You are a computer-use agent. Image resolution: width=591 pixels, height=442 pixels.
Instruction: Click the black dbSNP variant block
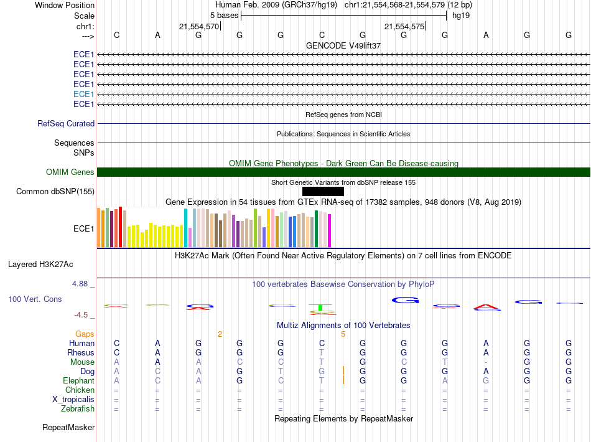tap(319, 191)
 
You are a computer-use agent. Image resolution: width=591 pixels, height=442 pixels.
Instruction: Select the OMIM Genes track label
tap(70, 172)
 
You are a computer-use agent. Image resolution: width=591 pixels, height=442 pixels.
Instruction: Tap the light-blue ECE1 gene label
tap(83, 94)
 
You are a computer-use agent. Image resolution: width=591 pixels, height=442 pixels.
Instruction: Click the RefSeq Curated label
tap(66, 124)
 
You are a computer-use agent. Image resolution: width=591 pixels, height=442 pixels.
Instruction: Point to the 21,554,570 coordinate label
tap(199, 27)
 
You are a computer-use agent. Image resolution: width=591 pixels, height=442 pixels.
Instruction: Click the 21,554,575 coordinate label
tap(405, 27)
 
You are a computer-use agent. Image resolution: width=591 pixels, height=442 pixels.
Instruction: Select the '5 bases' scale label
tap(224, 15)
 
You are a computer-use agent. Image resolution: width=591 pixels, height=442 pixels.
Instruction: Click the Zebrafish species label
tap(78, 409)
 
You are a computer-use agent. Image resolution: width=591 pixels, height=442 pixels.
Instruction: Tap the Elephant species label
tap(78, 381)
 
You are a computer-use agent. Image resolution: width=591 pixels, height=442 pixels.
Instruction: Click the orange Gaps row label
tap(85, 334)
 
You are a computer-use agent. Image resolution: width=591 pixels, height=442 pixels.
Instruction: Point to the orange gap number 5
tap(343, 334)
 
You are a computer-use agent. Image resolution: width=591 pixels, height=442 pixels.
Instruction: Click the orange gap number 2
tap(220, 334)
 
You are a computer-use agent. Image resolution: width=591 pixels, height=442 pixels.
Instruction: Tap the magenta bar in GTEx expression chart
tap(330, 231)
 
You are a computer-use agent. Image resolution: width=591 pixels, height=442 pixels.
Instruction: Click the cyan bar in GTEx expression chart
tap(186, 228)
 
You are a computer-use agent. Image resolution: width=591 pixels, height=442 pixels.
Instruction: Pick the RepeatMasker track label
tap(68, 428)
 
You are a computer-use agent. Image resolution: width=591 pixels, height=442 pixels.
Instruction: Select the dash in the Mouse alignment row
tap(486, 362)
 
